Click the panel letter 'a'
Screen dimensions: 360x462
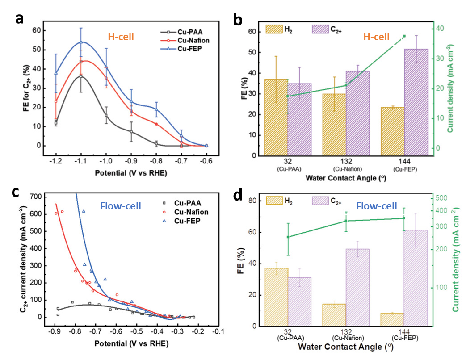tap(19, 18)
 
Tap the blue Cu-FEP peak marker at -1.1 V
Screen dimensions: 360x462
tap(81, 42)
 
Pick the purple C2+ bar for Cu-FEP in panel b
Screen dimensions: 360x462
tap(416, 103)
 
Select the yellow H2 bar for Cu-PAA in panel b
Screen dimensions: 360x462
tap(276, 117)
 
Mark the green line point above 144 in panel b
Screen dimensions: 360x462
tap(404, 36)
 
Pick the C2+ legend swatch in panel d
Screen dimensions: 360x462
tap(320, 202)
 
